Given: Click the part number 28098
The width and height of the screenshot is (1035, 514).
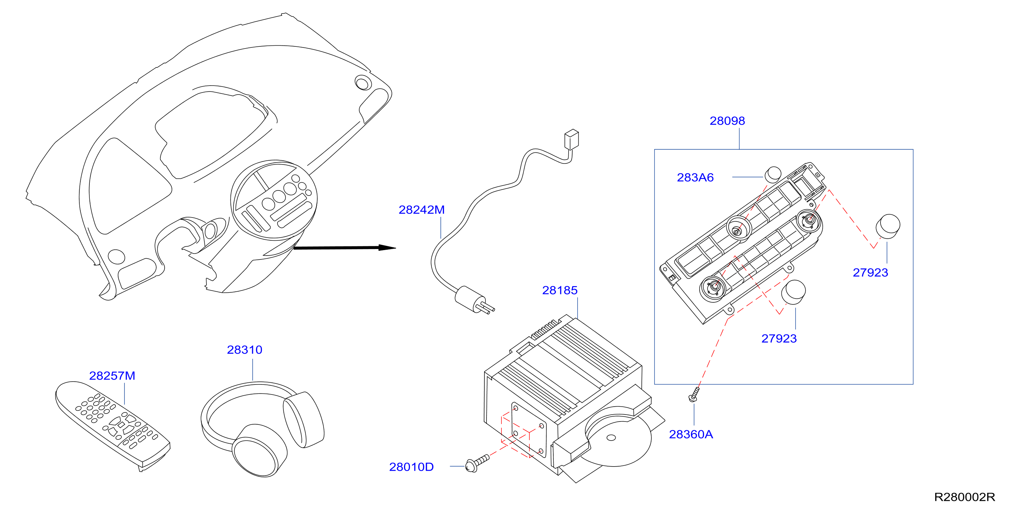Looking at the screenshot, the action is (727, 121).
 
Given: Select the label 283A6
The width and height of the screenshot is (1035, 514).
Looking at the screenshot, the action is (695, 177).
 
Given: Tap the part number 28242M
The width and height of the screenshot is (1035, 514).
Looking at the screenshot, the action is (421, 210).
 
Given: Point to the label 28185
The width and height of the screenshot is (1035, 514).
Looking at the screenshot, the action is (560, 290).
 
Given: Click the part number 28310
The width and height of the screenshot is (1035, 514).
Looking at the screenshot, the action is (244, 350).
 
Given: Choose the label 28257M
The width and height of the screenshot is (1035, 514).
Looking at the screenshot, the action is (112, 376).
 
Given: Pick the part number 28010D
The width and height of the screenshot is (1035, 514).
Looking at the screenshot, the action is (411, 467).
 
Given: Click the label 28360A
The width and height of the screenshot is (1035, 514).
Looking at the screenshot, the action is (691, 434).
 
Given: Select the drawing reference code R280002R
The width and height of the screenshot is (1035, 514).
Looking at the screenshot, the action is (964, 497).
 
